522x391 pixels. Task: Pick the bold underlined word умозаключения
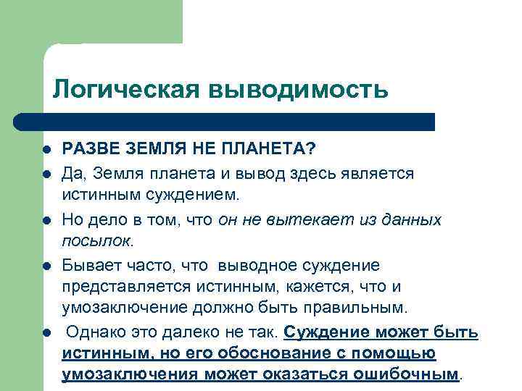pos(130,376)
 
